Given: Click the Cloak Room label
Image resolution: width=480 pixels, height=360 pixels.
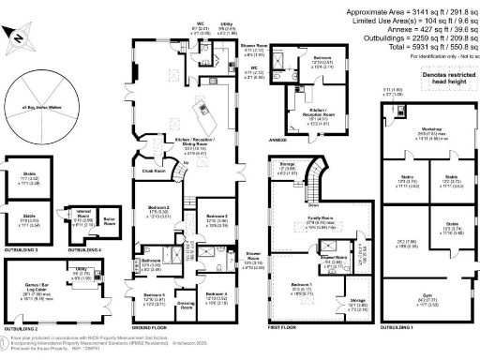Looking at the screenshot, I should click(154, 172).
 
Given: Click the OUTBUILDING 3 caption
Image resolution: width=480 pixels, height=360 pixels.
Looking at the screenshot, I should click(21, 251).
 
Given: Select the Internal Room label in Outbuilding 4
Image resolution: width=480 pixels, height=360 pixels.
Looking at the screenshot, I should click(82, 214).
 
